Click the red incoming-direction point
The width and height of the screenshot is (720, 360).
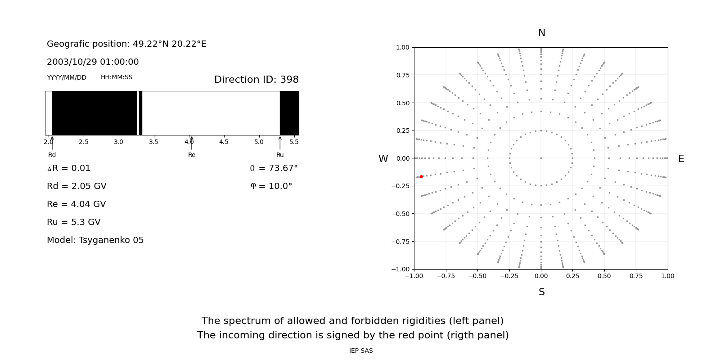coord(421,177)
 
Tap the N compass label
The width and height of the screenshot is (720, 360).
coord(541,33)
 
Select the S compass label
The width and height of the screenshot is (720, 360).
coord(541,292)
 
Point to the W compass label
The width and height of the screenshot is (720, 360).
coord(383,159)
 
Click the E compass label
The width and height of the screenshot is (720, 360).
coord(681,159)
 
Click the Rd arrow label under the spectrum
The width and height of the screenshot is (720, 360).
coord(52,155)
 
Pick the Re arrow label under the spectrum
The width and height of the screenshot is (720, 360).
coord(192,155)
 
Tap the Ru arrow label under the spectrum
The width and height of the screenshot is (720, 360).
coord(280,155)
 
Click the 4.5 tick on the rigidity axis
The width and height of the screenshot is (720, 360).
coord(224,142)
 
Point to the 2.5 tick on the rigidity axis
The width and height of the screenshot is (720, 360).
coord(84,142)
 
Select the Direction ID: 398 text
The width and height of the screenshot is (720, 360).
coord(256,80)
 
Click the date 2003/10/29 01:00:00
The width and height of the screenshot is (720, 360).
coord(93,62)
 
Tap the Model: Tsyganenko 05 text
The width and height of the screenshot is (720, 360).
coord(95,240)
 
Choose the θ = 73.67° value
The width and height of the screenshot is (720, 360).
coord(274,168)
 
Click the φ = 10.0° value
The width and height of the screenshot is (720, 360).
coord(271,186)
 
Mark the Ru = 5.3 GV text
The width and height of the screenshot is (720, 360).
coord(74,222)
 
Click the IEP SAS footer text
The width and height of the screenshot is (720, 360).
coord(361,351)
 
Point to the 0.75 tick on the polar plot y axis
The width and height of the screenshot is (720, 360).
coord(402,75)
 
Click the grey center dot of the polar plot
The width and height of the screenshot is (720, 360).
coord(541,158)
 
